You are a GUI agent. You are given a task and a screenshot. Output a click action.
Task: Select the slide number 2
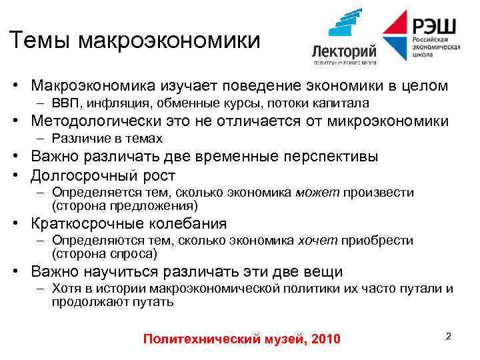click(448, 336)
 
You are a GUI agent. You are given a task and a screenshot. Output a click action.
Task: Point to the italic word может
click(317, 193)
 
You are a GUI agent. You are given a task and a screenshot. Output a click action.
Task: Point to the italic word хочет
click(317, 240)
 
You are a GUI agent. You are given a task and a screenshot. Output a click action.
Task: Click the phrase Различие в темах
click(107, 139)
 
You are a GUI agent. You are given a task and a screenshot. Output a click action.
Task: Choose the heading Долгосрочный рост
click(103, 175)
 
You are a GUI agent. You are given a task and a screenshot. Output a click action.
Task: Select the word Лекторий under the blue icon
click(344, 51)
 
